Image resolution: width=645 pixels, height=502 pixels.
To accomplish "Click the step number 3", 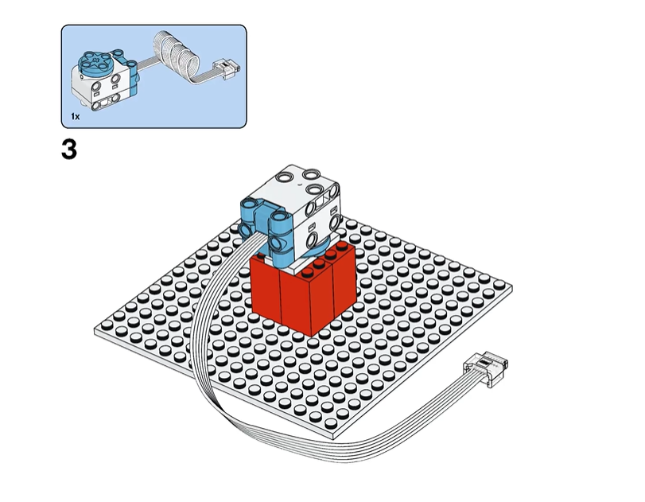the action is click(69, 150).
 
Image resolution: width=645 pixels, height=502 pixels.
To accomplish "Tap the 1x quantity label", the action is click(76, 116).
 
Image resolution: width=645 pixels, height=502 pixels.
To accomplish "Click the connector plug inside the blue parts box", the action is click(226, 68).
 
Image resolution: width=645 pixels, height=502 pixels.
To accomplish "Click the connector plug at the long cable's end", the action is click(486, 368).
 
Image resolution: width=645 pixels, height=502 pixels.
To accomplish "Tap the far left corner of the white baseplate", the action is click(95, 330).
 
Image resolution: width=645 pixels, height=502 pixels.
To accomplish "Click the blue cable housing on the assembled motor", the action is click(266, 225).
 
